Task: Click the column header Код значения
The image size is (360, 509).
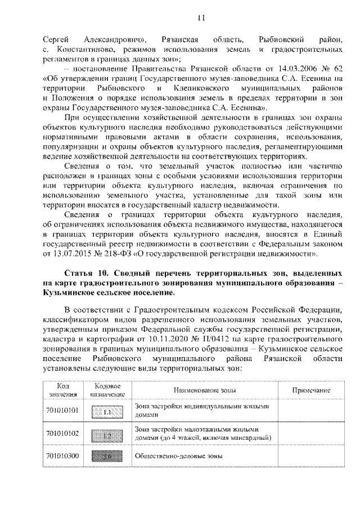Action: (x=62, y=390)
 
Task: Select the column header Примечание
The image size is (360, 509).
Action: (x=310, y=390)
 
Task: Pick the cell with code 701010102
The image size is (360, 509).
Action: (x=62, y=434)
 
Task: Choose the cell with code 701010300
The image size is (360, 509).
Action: (x=62, y=456)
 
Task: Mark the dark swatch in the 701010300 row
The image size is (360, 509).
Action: (x=107, y=456)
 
